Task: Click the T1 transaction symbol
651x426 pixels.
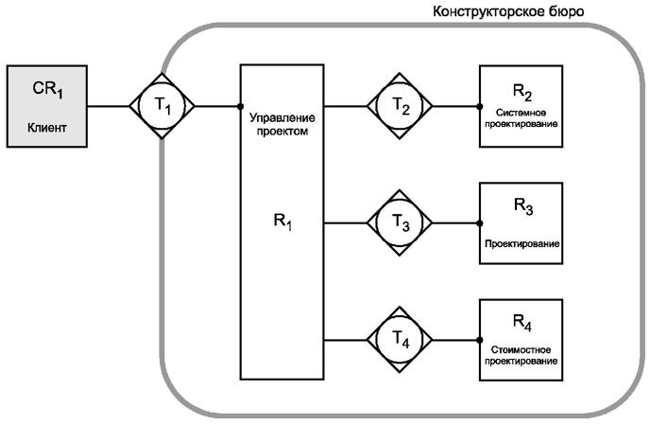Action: [162, 105]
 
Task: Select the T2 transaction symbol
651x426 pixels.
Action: [400, 105]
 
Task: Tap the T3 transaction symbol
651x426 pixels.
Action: [400, 223]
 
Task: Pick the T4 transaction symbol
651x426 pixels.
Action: [400, 338]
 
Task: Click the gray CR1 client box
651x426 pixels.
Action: [47, 106]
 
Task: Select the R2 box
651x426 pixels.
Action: [522, 105]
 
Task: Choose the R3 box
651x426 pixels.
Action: [522, 223]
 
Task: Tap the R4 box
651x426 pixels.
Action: [522, 338]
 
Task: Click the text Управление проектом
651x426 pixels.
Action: [282, 124]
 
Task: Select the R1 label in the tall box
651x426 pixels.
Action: [282, 225]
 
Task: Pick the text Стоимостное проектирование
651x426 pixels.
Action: [522, 355]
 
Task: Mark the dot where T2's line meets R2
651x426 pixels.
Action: [481, 105]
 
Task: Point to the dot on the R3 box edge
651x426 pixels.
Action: [481, 223]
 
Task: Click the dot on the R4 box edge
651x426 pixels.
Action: [481, 338]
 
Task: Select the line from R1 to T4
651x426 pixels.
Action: [345, 338]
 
